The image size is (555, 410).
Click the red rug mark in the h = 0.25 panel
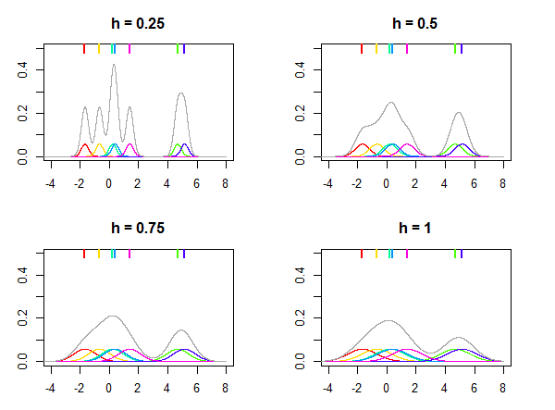[x=84, y=49]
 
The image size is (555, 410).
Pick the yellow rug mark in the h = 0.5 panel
[x=376, y=49]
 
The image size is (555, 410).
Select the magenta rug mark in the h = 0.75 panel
[x=129, y=254]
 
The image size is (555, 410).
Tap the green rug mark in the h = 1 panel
[x=455, y=254]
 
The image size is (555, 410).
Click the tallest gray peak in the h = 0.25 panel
[x=114, y=65]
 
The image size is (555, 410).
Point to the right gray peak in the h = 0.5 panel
[x=459, y=113]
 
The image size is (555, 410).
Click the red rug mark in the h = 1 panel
[x=362, y=254]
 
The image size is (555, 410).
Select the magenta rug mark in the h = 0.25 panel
[x=129, y=49]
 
